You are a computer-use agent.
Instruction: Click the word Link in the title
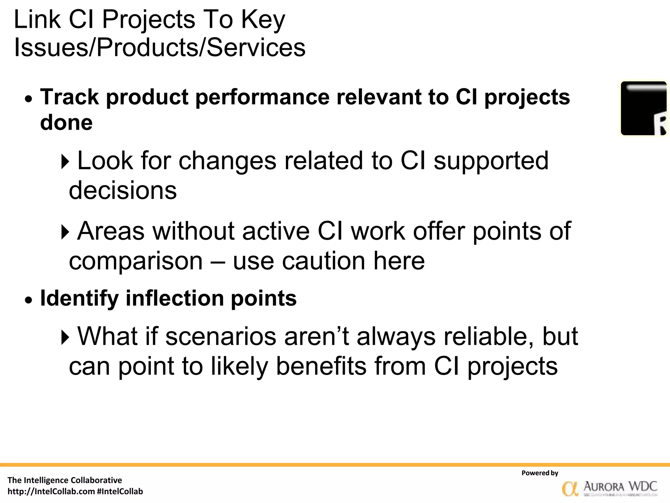pos(37,20)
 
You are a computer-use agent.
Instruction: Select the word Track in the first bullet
pos(69,97)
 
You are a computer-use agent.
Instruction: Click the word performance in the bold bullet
pos(262,97)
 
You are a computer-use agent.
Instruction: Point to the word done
pos(66,123)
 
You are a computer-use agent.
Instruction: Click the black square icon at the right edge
pos(644,108)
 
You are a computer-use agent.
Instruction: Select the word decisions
pos(123,191)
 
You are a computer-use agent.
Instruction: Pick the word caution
pos(323,261)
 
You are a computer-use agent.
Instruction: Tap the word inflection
pos(174,298)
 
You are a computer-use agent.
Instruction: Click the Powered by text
pos(540,473)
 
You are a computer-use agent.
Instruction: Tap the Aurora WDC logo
pos(609,488)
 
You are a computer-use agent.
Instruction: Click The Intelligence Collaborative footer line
pos(65,480)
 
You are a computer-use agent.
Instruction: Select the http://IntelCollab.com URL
pos(51,492)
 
